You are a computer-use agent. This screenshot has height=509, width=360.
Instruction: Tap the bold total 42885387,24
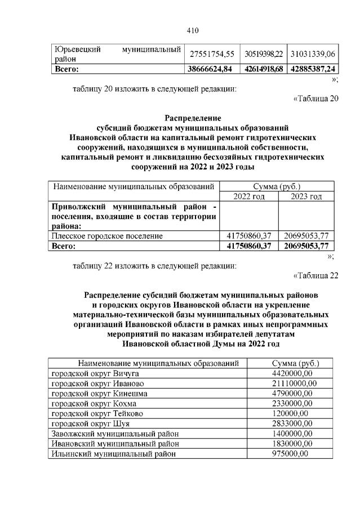tap(313, 69)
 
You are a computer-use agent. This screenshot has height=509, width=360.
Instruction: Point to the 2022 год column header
tap(248, 197)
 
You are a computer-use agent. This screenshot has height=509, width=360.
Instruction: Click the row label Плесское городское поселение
tap(107, 236)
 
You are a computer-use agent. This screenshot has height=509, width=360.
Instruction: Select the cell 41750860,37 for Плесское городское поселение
tap(248, 236)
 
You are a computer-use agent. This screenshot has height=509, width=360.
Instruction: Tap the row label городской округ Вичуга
tap(95, 373)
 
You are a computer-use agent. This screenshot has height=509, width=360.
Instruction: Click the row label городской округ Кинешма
tap(99, 394)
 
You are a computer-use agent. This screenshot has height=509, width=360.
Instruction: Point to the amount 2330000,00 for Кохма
tap(292, 404)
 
